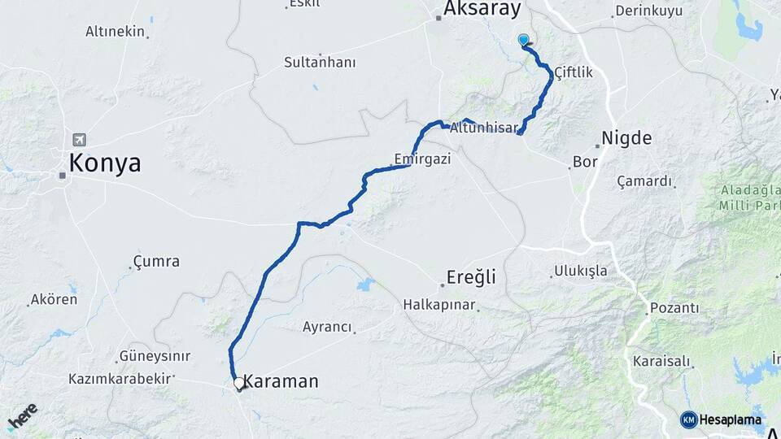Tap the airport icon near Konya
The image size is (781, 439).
click(78, 139)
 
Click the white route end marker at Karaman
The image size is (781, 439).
click(238, 382)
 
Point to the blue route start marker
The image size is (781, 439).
click(523, 39)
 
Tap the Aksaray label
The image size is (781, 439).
click(482, 10)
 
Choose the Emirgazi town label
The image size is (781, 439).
click(421, 159)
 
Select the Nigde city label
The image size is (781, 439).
click(626, 138)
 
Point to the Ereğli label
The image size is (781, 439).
click(471, 277)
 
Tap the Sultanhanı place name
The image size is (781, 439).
click(316, 62)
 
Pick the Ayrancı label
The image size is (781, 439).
click(327, 327)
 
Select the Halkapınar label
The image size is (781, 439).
click(438, 305)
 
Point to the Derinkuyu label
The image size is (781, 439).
click(648, 11)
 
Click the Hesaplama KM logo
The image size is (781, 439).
click(721, 419)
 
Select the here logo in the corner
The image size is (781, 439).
click(23, 415)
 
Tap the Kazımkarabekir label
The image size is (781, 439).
click(120, 379)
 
